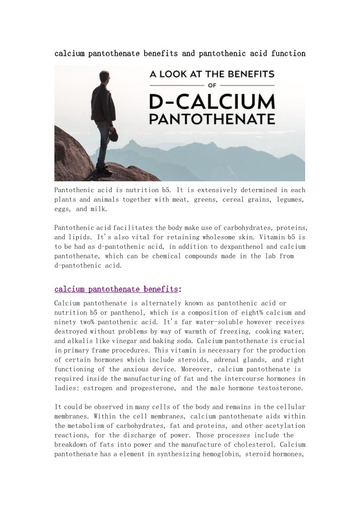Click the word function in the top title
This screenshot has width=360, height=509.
[288, 53]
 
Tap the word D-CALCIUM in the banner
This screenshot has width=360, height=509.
[212, 102]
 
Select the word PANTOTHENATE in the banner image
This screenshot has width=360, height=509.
[212, 120]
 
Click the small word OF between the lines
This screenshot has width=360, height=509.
[212, 85]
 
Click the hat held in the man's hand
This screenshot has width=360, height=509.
[114, 135]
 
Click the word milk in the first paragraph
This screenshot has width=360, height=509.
[98, 209]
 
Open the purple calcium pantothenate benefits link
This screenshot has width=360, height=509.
[116, 289]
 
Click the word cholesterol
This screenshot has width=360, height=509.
[252, 445]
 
